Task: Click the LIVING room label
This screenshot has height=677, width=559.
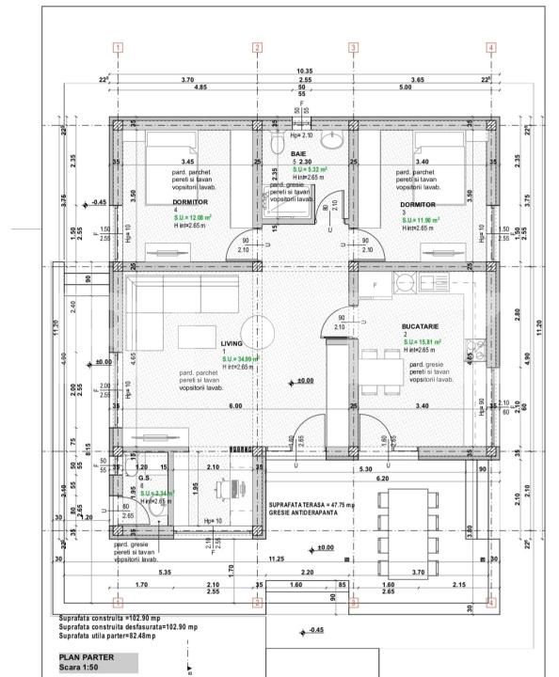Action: coord(232,344)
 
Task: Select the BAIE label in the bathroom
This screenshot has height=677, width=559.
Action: coord(298,152)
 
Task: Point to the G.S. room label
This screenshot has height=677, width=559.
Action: coord(145,478)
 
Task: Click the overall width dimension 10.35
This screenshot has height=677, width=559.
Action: coord(304,71)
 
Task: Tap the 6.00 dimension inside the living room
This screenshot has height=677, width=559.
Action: coord(234,406)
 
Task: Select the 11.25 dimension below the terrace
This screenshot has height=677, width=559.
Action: coord(277,559)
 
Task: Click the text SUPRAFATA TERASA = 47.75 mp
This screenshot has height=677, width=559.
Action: coord(313,504)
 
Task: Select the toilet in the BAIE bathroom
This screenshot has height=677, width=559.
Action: coord(277,142)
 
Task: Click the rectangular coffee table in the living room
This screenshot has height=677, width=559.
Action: coord(200,334)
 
